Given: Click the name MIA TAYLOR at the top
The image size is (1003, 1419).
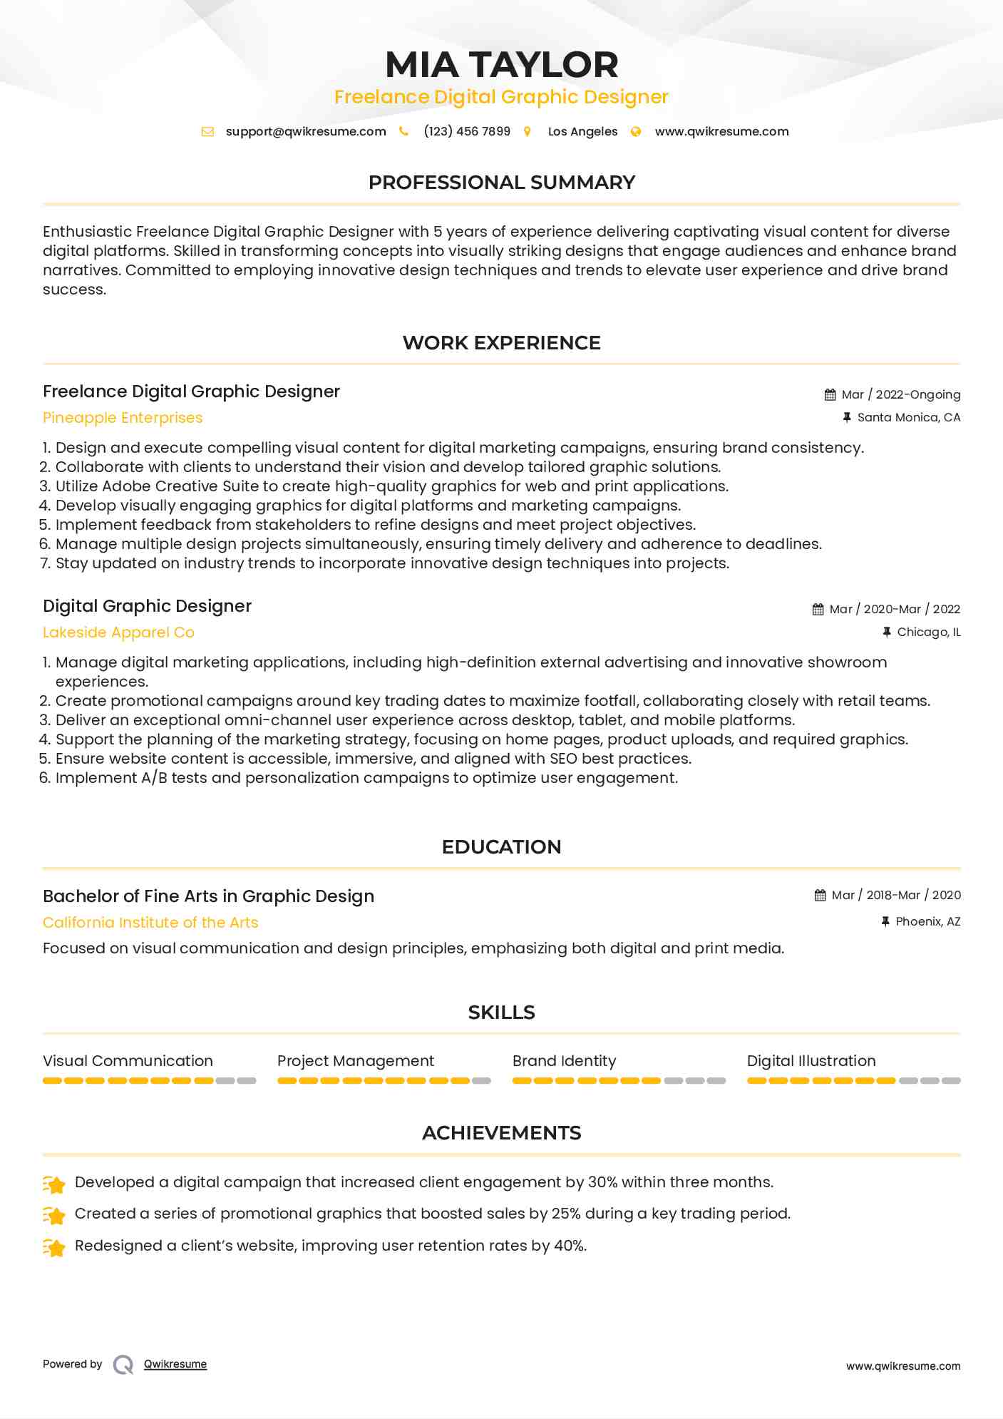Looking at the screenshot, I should click(501, 65).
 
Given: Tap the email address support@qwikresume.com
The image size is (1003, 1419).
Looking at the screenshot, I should click(306, 131).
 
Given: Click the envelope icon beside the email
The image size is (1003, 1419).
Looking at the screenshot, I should click(207, 131).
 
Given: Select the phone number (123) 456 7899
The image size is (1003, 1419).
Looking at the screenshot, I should click(467, 131).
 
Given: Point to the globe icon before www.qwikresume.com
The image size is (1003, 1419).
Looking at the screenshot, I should click(636, 131).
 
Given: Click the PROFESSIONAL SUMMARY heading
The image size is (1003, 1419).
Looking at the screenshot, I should click(501, 183).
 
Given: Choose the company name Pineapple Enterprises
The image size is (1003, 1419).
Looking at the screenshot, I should click(123, 418).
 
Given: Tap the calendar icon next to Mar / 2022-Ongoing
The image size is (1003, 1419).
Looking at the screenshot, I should click(830, 394).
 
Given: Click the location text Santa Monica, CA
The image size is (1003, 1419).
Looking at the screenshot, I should click(908, 417).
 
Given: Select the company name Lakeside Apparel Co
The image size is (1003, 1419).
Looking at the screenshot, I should click(118, 632).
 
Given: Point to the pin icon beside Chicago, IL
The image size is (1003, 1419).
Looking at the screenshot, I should click(887, 632).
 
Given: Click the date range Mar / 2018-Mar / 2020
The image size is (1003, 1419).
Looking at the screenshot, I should click(896, 895).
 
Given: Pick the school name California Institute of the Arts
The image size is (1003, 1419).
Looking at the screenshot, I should click(150, 923).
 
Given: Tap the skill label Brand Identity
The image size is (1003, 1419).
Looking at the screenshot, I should click(564, 1061).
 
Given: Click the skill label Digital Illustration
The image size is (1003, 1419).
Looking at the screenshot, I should click(811, 1061).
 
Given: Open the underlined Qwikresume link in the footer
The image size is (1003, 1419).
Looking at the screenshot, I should click(175, 1364).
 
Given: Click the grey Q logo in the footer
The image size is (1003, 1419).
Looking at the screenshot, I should click(123, 1364).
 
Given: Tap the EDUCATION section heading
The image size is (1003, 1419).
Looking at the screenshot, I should click(501, 847).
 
